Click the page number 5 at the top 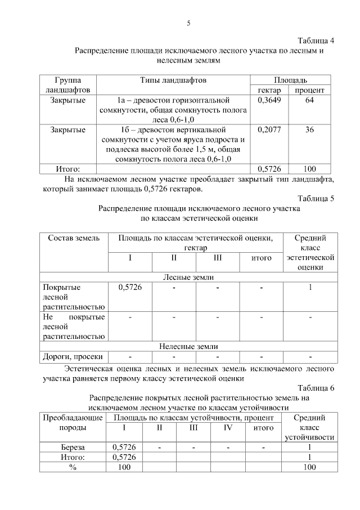click(188, 23)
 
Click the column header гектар click(269, 90)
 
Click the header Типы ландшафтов click(173, 80)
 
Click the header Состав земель click(73, 238)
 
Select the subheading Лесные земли click(188, 277)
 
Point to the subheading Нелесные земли click(188, 346)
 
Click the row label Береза click(73, 447)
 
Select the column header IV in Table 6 click(228, 427)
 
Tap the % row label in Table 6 click(73, 467)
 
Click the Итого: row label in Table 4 click(68, 168)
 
